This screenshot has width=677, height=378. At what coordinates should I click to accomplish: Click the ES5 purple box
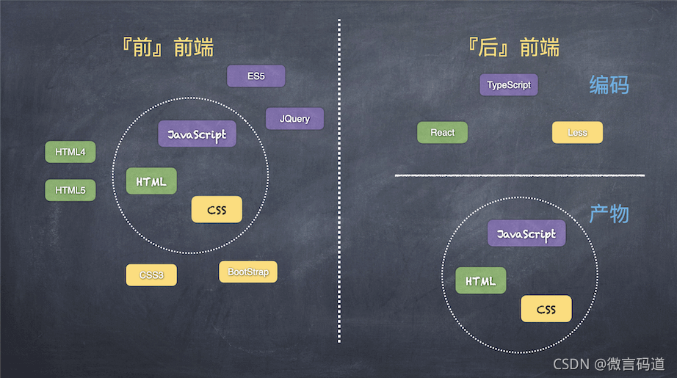click(x=256, y=76)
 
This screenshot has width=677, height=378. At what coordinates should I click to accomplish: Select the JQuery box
click(x=294, y=118)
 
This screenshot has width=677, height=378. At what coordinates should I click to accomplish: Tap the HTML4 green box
click(x=70, y=153)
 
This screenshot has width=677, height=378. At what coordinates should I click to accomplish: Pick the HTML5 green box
click(x=70, y=190)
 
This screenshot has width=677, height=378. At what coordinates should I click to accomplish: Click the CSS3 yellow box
click(x=151, y=275)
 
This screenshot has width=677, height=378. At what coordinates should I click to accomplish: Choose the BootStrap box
click(x=248, y=272)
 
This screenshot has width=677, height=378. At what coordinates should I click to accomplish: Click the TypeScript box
click(x=509, y=85)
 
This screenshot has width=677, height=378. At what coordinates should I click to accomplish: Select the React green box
click(x=442, y=132)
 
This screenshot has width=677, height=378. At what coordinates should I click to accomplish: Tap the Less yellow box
click(x=577, y=132)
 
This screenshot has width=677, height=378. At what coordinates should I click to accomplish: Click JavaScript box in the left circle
click(x=198, y=134)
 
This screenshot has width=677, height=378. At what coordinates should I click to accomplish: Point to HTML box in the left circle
click(x=151, y=181)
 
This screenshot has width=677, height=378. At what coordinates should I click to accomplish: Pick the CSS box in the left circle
click(x=217, y=210)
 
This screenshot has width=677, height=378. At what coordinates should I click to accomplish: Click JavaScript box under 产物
click(x=526, y=233)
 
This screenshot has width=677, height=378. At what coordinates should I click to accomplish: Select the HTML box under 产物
click(x=480, y=280)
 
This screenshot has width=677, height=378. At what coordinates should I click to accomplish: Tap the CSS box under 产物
click(x=546, y=309)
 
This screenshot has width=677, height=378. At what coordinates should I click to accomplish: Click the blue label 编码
click(x=609, y=85)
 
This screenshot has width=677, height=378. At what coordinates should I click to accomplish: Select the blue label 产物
click(x=609, y=214)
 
